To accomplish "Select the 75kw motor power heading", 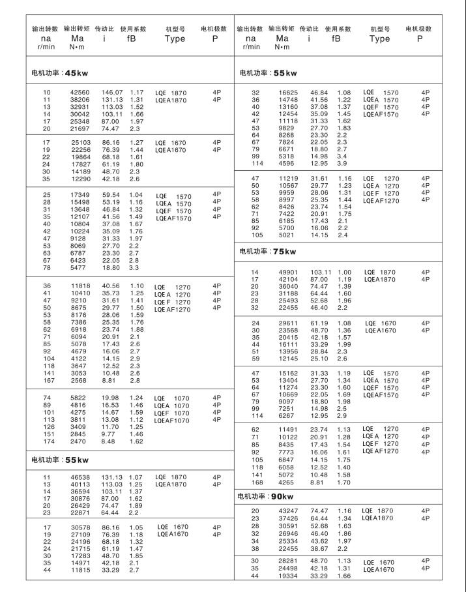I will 267,251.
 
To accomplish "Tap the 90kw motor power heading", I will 267,497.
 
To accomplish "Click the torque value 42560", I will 80,93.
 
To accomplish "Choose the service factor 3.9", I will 342,163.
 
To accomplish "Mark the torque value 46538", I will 80,477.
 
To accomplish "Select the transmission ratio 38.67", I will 319,549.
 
